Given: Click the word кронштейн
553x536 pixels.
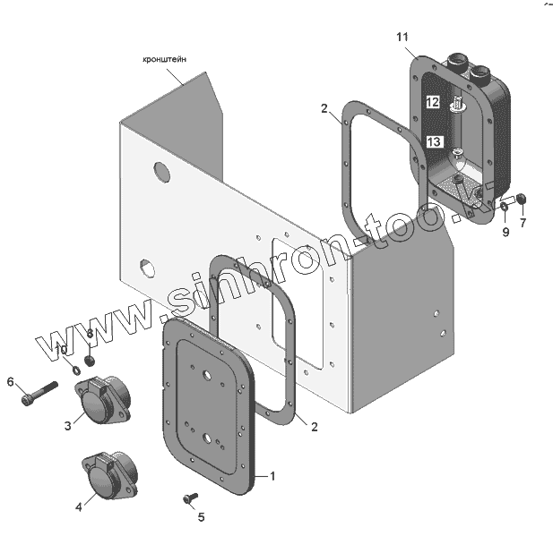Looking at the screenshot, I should point(167,60).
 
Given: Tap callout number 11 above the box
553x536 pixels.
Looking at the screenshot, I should point(402,37).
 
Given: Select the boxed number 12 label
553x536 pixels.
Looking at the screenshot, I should point(432,102).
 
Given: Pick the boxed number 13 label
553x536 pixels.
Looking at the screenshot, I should point(434,141).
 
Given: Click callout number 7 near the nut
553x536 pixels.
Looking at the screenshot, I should point(523,223).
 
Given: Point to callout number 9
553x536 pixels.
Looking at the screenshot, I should point(505,232).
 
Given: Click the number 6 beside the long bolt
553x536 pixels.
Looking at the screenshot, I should point(11,382).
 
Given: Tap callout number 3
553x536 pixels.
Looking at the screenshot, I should point(68,426).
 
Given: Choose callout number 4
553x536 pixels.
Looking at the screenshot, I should point(79,506).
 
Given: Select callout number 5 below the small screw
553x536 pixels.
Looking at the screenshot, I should point(201,516).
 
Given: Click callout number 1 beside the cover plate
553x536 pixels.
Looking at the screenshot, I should point(273,475).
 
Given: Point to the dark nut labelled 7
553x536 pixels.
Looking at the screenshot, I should point(522,199).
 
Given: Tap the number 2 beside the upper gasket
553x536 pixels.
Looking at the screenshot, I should point(324,109).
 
